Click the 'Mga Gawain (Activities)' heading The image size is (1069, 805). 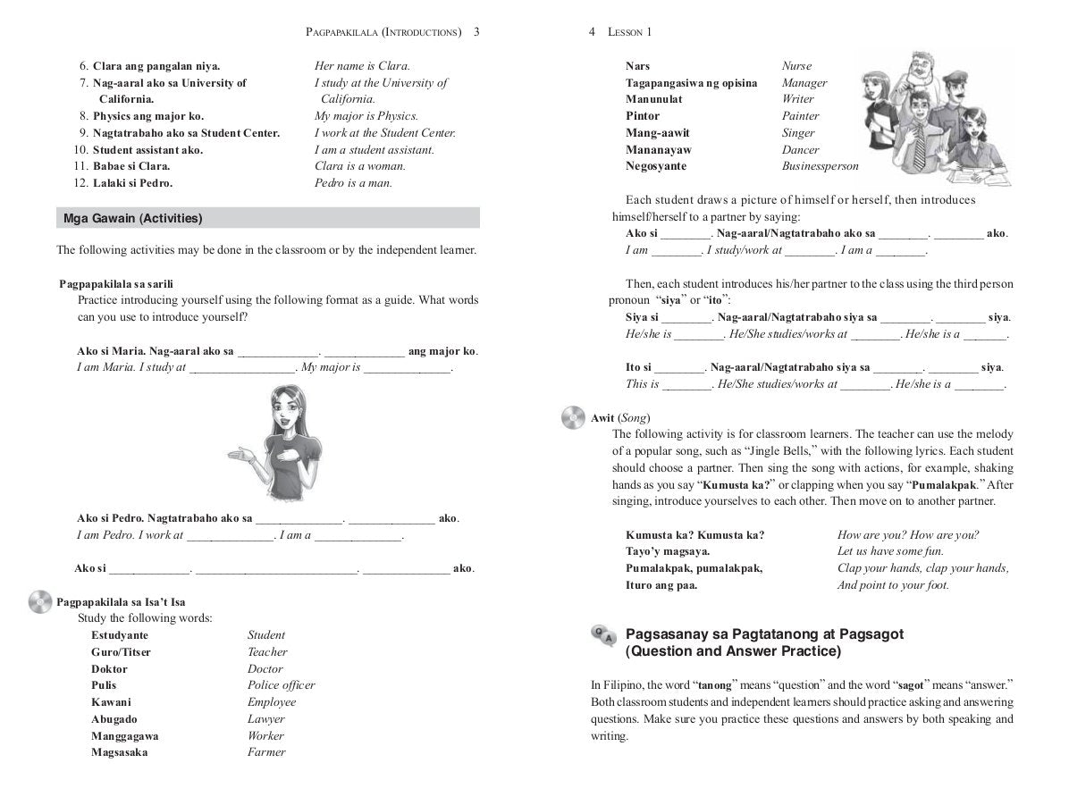133,218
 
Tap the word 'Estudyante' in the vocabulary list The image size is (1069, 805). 120,635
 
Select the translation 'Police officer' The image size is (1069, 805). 281,685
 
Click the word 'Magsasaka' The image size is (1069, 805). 120,752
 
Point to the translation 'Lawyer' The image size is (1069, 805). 266,719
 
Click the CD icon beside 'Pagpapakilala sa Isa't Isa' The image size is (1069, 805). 41,602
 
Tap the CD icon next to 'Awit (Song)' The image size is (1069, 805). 575,417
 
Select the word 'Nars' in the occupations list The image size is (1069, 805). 638,66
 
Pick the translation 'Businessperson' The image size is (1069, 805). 820,166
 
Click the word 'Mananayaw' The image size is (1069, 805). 659,150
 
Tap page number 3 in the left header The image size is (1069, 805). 476,32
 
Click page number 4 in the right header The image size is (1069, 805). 593,32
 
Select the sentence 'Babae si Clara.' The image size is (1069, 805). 131,166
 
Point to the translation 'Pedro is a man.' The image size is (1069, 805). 353,183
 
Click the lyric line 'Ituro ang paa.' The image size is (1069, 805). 661,585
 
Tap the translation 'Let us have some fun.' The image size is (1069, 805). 890,551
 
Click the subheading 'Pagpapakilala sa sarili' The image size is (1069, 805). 116,284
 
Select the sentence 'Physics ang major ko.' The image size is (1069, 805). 148,116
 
